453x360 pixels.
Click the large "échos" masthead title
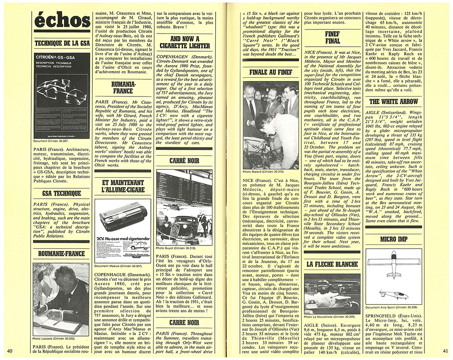tap(62, 20)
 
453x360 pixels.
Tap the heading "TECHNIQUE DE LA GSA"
tap(62, 43)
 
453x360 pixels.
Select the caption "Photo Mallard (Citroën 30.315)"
tap(265, 173)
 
